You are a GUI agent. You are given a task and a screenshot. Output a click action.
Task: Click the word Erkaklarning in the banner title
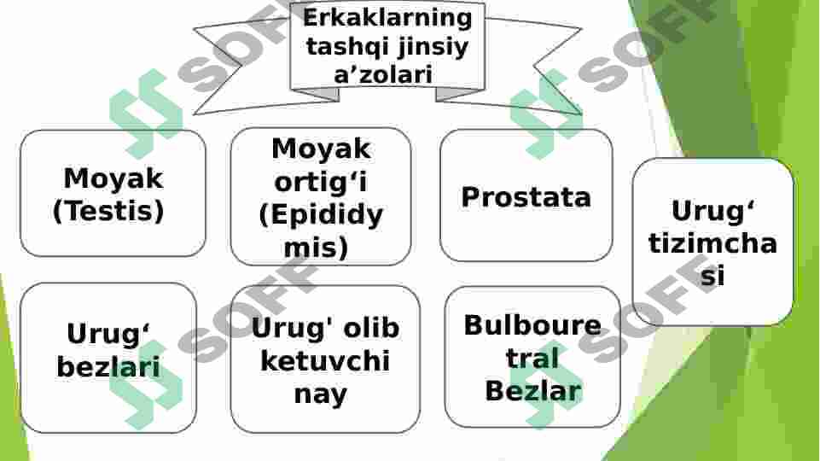pos(387,17)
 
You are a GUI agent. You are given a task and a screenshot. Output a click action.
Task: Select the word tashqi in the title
pos(341,46)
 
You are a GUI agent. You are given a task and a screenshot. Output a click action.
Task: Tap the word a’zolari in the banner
pos(383,74)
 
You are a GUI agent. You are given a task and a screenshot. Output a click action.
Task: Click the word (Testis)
pos(108,211)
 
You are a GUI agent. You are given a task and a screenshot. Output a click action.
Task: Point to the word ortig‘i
pos(321,181)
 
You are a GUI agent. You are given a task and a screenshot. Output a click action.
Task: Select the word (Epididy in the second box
pos(321,214)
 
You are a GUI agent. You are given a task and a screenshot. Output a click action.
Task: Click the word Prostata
pos(526,197)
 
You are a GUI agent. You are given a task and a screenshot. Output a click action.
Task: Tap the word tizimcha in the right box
pos(712,243)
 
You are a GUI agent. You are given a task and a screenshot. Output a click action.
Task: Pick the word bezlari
pos(108,367)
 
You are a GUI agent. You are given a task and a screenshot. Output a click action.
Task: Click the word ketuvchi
pos(324,361)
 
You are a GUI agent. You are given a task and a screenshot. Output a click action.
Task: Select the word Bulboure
pos(532,325)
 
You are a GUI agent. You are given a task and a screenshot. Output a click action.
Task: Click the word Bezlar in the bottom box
pos(532,391)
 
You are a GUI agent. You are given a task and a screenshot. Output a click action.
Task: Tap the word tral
pos(532,359)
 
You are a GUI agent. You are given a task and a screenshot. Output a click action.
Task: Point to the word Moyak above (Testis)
pos(113,178)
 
